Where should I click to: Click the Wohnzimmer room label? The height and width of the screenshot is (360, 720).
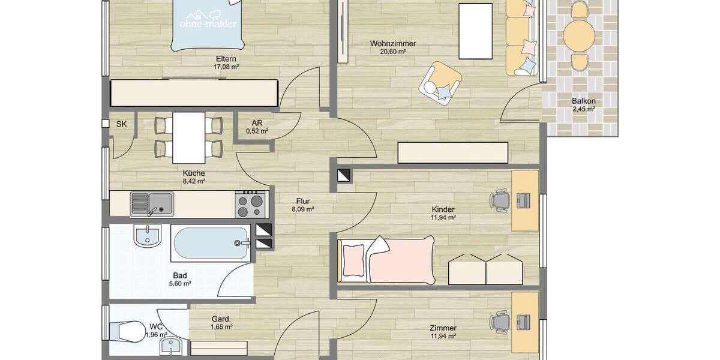[x=393, y=43]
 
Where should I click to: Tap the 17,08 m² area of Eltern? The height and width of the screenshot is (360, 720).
[x=227, y=67]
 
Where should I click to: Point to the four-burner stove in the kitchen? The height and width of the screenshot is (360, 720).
[x=252, y=204]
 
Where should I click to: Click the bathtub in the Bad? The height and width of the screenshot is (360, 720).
[x=210, y=243]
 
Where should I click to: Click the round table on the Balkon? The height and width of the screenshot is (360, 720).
[x=578, y=35]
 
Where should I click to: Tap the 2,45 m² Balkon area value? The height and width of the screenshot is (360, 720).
[x=583, y=109]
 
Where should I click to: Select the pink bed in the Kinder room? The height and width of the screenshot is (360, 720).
[x=387, y=259]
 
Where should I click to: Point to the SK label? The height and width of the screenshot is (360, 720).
[x=122, y=124]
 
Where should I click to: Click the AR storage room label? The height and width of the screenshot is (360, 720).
[x=257, y=123]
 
